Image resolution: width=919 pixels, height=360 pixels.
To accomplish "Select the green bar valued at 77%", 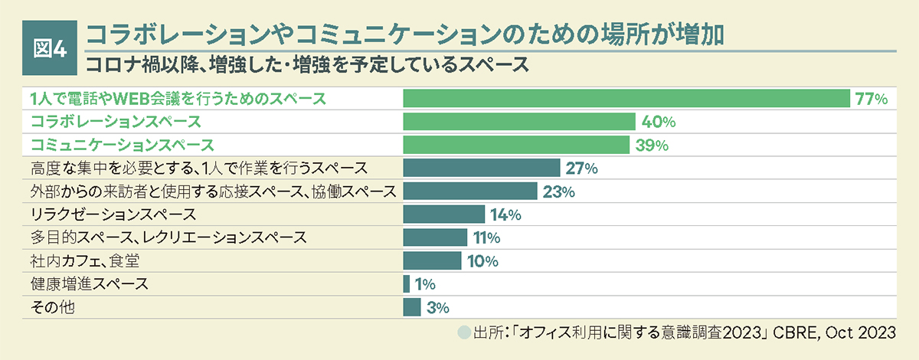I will click(626, 99).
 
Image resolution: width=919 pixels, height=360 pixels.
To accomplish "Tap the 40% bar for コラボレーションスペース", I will click(519, 122).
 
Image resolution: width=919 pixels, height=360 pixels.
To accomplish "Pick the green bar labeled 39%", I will click(515, 145).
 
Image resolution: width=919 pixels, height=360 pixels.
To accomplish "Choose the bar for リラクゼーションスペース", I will click(444, 214).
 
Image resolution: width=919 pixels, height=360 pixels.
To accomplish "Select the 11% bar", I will click(435, 237).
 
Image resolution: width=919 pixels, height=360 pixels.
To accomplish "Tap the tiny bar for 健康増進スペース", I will click(407, 284).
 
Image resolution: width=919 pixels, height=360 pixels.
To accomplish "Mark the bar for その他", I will click(412, 307).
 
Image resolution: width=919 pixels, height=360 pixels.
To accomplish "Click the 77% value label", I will click(872, 99).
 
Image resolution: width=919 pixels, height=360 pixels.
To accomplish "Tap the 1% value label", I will click(425, 284).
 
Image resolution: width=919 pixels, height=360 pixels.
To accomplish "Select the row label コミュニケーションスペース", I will click(121, 145).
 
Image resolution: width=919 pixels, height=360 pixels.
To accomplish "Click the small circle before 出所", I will click(463, 333).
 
